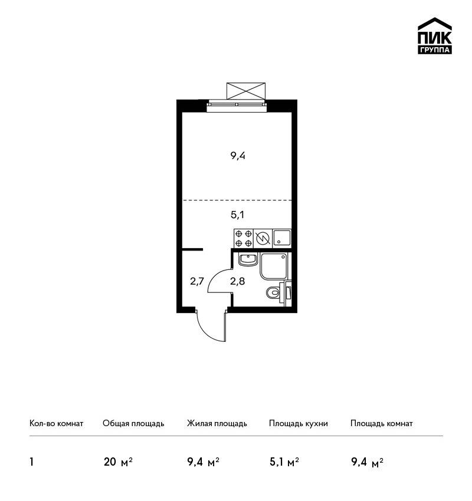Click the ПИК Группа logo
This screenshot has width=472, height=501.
[435, 36]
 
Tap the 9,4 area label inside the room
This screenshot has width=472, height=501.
[238, 156]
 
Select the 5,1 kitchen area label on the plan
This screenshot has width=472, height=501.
[237, 215]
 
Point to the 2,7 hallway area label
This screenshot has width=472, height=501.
[197, 281]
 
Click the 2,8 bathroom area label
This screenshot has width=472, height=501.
[238, 281]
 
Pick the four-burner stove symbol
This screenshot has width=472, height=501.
[244, 238]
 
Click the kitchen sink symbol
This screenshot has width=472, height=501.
[282, 238]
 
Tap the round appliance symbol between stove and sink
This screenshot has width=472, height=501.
[263, 238]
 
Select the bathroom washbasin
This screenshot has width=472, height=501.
[248, 259]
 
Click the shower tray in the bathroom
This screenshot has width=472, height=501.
[274, 266]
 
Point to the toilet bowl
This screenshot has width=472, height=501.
[273, 292]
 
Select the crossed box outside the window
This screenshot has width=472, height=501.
[246, 91]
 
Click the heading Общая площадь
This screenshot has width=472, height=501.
[133, 423]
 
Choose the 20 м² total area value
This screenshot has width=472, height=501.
[118, 462]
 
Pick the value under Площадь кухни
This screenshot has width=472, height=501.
[284, 462]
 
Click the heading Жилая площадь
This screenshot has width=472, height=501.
[217, 423]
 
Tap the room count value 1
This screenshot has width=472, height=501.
[31, 462]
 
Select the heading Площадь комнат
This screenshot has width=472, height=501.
[382, 423]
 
